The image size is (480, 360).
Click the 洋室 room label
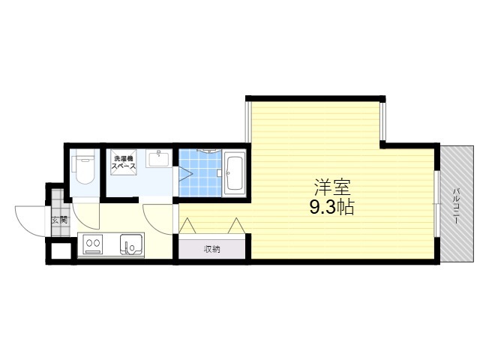click(332, 187)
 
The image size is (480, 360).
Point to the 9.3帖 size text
click(331, 207)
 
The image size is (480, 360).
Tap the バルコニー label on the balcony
click(456, 206)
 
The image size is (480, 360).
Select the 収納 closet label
click(211, 250)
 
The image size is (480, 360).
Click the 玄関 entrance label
click(59, 220)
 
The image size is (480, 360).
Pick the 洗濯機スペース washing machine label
click(123, 163)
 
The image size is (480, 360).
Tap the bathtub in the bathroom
click(235, 173)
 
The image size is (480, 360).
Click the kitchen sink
click(132, 244)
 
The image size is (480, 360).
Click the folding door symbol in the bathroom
click(185, 175)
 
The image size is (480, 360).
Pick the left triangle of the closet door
click(187, 226)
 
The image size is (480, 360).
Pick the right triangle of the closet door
click(237, 226)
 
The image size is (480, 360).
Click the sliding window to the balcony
click(437, 204)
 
